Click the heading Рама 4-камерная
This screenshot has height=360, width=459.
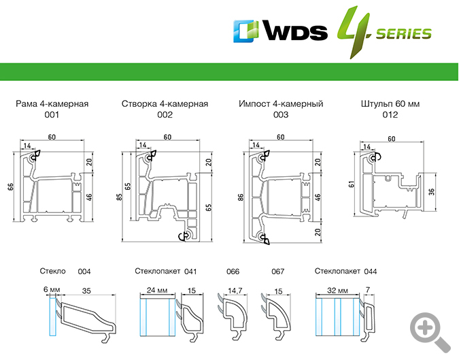(52, 104)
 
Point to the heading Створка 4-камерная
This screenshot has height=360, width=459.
(165, 104)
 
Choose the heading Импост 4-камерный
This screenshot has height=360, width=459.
(281, 104)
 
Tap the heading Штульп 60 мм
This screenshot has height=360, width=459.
(390, 104)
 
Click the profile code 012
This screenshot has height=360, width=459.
(390, 116)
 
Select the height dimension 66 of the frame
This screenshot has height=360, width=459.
(10, 186)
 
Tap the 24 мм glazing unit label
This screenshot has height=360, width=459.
(157, 291)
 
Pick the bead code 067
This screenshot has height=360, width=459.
(277, 272)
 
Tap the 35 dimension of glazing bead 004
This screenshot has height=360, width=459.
(86, 291)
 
